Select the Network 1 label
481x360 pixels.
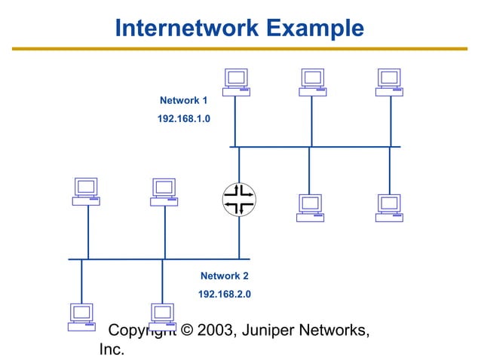click(183, 100)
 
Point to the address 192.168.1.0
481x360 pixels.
click(183, 118)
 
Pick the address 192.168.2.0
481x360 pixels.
click(224, 294)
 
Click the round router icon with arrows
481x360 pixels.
click(239, 200)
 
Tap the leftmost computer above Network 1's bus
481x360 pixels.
click(236, 82)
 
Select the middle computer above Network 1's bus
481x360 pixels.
click(312, 82)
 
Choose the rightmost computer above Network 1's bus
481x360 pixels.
click(389, 82)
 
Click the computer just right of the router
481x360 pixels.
click(310, 207)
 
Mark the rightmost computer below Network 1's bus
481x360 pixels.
click(389, 207)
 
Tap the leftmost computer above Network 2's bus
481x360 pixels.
click(86, 191)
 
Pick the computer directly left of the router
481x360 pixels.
click(164, 191)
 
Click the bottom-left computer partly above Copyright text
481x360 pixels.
click(81, 316)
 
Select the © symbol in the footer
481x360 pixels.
click(185, 331)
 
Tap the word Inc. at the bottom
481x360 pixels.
click(112, 350)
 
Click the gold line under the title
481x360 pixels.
click(240, 49)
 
